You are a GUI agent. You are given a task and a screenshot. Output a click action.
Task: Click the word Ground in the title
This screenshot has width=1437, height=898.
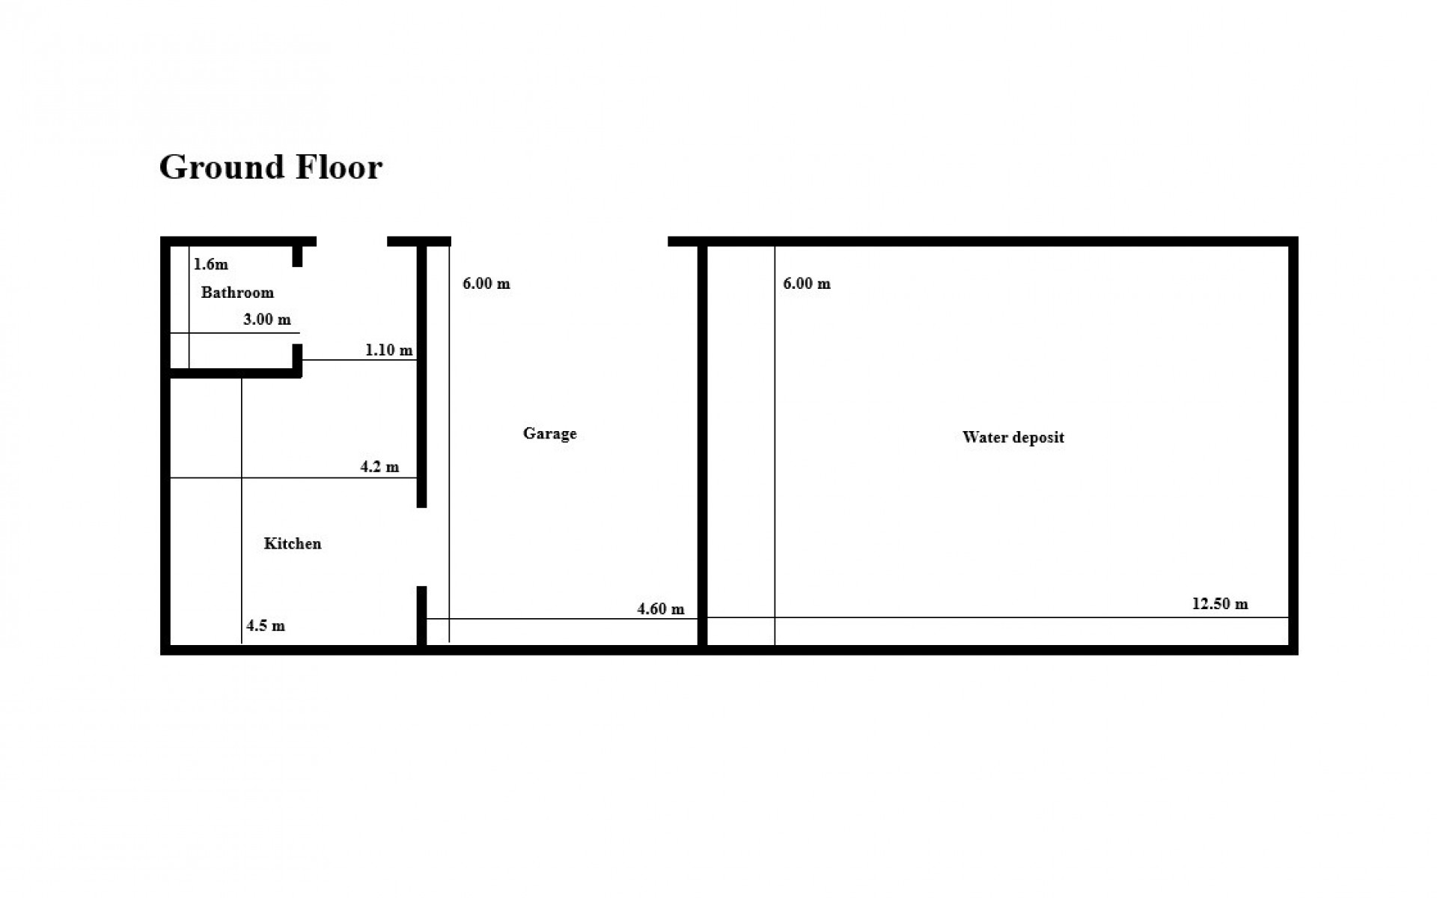[222, 167]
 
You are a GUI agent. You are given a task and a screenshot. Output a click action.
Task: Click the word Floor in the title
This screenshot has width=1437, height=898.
[339, 167]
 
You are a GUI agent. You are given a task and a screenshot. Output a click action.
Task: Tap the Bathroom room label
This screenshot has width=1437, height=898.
[237, 293]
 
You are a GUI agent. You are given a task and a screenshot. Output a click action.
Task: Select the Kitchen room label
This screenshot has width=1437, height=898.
[293, 543]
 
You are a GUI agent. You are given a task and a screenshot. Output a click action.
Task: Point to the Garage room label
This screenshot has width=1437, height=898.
[550, 434]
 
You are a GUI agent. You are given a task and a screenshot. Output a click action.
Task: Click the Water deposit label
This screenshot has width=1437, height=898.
[1013, 438]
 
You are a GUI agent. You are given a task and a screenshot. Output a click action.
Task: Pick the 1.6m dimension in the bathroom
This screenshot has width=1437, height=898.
[211, 264]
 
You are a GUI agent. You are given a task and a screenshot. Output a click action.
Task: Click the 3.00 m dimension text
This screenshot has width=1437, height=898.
[267, 320]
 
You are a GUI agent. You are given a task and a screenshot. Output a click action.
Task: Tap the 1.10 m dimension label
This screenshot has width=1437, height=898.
[389, 350]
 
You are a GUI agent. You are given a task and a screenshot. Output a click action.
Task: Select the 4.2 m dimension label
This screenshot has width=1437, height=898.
[379, 467]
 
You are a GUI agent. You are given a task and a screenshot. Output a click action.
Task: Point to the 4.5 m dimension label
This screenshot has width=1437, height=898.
[266, 626]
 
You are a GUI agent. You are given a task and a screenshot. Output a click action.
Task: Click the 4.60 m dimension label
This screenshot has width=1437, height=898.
[661, 609]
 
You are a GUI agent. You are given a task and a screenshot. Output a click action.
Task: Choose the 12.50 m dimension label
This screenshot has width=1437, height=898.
[1220, 604]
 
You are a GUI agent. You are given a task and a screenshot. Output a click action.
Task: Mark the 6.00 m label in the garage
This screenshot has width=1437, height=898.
[486, 284]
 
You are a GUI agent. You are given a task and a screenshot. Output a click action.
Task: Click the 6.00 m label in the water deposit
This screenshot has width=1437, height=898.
[807, 284]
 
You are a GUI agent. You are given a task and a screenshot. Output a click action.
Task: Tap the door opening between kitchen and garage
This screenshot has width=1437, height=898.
[421, 547]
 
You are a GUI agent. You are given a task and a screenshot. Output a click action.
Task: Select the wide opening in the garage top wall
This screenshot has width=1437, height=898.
[559, 242]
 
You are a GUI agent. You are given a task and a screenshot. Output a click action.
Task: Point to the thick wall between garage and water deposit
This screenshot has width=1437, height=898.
[703, 446]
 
